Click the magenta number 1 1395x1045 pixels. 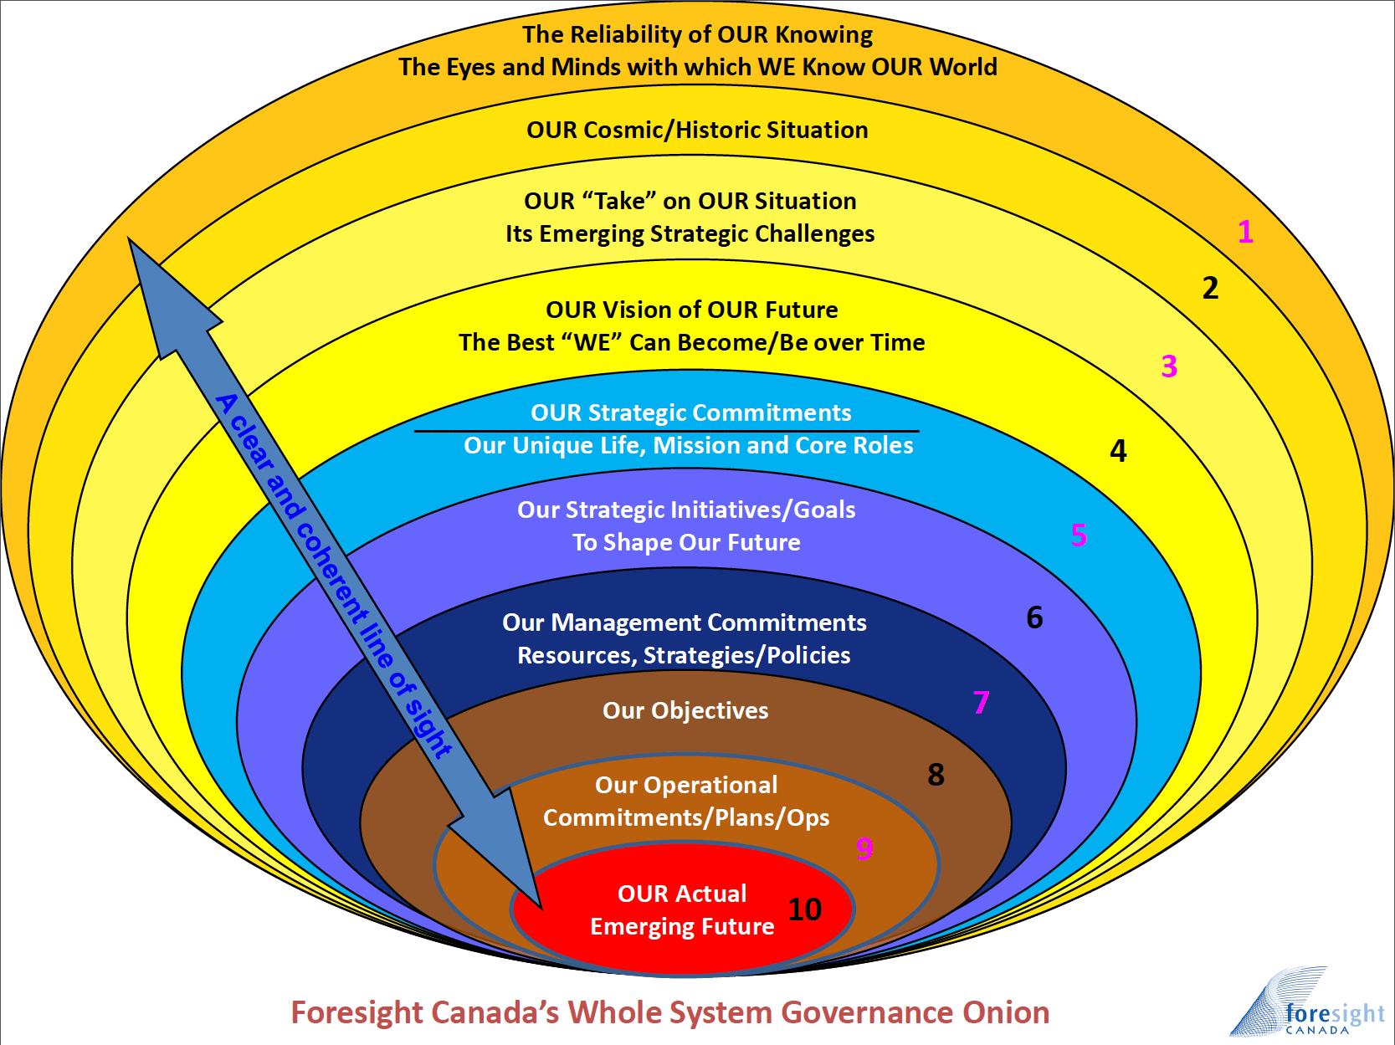[x=1245, y=232]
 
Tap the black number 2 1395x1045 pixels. [x=1210, y=288]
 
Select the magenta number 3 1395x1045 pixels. [x=1169, y=366]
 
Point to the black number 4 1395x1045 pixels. [x=1118, y=451]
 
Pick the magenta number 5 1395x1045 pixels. [x=1079, y=535]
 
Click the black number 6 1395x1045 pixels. [x=1034, y=617]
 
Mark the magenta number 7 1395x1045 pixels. [x=981, y=702]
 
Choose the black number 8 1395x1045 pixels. [x=936, y=775]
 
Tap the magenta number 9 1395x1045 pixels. [x=864, y=848]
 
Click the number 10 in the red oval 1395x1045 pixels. [x=804, y=909]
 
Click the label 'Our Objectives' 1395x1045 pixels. [x=685, y=710]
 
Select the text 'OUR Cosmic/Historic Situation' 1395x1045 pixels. [x=697, y=130]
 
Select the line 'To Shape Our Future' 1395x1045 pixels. [x=686, y=542]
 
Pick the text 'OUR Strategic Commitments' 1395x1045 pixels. [x=690, y=412]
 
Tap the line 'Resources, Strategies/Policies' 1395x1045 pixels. [x=684, y=655]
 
